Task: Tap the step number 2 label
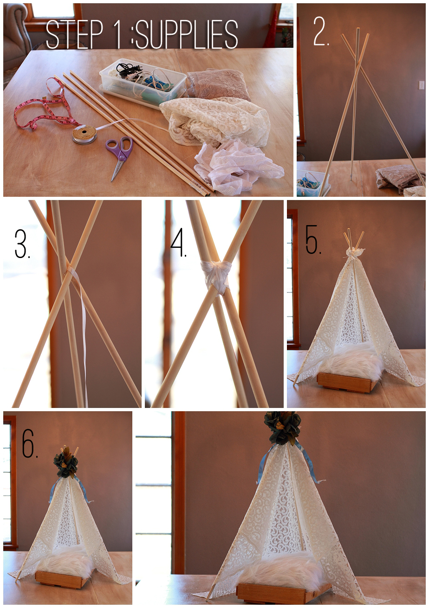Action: click(x=321, y=31)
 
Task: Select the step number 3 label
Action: click(x=22, y=244)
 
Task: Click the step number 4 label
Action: click(x=178, y=243)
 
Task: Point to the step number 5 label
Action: click(x=313, y=239)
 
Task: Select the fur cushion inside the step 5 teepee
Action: click(x=350, y=358)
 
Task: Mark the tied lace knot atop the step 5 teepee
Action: click(x=352, y=253)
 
